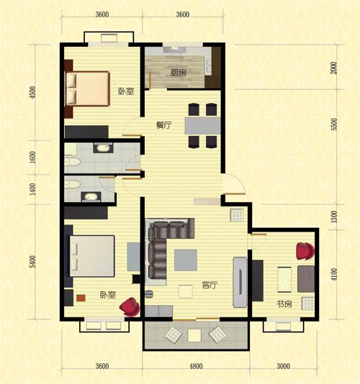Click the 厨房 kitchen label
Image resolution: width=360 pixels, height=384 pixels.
click(179, 73)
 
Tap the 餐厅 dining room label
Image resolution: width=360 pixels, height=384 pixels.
click(164, 125)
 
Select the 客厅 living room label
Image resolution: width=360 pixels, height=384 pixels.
click(210, 285)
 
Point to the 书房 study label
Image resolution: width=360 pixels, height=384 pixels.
click(284, 304)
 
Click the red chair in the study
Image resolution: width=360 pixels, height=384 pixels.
click(305, 251)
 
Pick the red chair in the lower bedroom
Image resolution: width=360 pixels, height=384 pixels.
click(130, 306)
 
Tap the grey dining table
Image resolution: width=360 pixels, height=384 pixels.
click(202, 126)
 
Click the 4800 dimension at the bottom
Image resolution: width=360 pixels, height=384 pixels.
click(196, 366)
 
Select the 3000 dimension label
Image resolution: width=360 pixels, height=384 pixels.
click(284, 366)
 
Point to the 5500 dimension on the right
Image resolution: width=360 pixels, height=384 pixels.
click(334, 124)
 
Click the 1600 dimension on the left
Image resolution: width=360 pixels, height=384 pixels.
click(32, 157)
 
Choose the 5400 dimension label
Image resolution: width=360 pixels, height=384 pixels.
click(32, 262)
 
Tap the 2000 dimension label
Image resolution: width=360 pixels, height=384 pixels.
click(334, 68)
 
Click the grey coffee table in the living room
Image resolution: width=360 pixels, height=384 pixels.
click(186, 260)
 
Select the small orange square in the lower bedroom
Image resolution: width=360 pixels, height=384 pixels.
click(81, 298)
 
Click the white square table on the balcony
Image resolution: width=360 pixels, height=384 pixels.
click(194, 335)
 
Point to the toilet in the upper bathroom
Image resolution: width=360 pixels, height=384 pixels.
click(73, 161)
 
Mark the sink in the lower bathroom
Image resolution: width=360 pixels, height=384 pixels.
click(91, 197)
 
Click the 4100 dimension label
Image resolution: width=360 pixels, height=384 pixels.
click(334, 274)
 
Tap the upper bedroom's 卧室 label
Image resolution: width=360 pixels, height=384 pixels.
click(126, 91)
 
